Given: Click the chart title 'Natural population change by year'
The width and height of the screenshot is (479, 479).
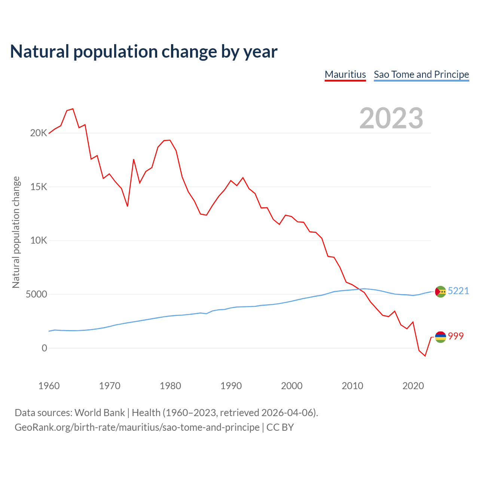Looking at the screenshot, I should [x=144, y=52].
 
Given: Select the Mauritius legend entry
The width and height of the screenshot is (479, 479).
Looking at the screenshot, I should [x=345, y=74].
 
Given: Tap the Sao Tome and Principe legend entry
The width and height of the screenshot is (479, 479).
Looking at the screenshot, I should [x=421, y=74].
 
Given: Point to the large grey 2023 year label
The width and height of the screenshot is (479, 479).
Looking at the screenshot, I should [x=391, y=118].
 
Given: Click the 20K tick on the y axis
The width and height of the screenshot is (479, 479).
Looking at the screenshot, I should [x=39, y=133].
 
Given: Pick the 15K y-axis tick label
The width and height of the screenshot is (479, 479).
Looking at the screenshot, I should [x=39, y=187].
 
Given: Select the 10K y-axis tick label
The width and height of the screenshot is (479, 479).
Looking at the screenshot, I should [x=39, y=241].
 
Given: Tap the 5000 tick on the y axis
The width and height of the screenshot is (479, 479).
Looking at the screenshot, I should [x=36, y=295].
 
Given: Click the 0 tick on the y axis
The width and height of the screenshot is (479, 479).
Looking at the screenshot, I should [x=45, y=348].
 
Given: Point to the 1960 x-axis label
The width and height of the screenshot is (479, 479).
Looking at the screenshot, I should [x=49, y=386].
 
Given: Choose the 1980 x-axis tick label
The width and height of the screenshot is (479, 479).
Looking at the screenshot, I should [x=170, y=386].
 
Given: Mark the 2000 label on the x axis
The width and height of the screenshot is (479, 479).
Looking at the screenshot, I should [x=292, y=386].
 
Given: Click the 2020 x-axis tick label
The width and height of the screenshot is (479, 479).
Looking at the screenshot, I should [x=413, y=386].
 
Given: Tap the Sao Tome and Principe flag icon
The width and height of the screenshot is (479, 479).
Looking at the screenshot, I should [x=440, y=292].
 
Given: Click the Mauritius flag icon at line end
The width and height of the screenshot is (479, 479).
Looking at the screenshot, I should [x=440, y=337].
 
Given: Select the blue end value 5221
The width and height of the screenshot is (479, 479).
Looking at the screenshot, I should [x=458, y=291].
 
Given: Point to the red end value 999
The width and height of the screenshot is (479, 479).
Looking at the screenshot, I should [x=456, y=336].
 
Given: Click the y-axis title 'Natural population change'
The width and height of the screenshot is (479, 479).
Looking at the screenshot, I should [x=16, y=232].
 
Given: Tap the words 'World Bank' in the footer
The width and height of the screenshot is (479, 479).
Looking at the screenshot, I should [x=100, y=413].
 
